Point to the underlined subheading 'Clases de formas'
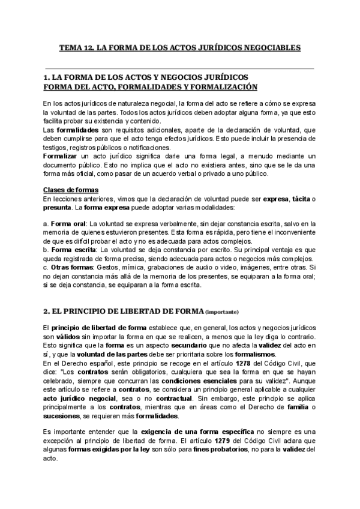pos(71,190)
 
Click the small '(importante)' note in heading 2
pos(222,312)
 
